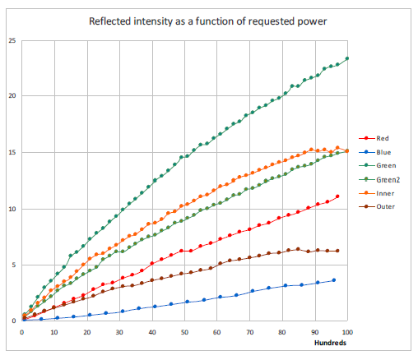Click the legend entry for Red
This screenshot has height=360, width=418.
tap(381, 138)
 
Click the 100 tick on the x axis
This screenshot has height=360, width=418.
tap(347, 332)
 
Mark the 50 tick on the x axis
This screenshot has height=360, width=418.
tap(185, 332)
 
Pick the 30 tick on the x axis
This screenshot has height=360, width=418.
tap(120, 332)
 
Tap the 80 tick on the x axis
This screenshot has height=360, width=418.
tap(282, 332)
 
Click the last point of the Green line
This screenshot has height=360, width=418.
tap(347, 58)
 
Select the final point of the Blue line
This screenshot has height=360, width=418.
tap(334, 280)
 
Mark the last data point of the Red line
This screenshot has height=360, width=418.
tap(337, 196)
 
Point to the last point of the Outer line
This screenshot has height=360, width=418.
tap(337, 251)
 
